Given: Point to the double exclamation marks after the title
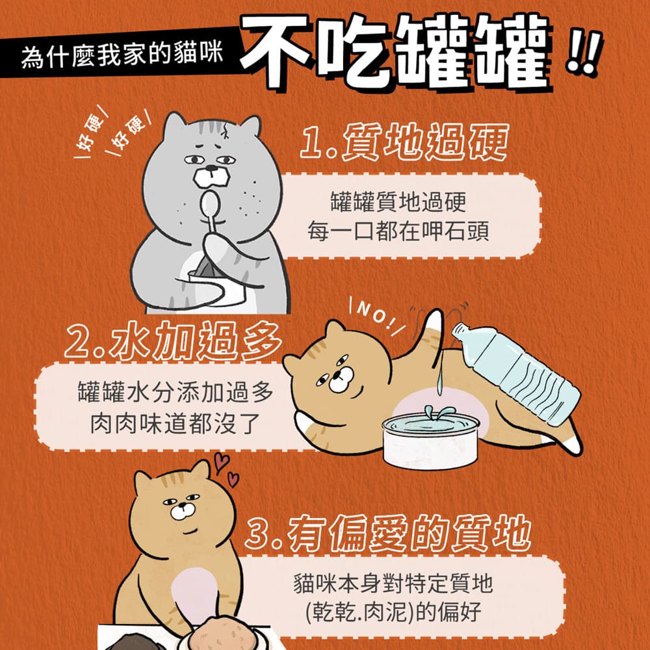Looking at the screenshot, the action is click(x=584, y=53).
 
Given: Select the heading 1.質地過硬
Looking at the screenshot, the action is click(x=404, y=141).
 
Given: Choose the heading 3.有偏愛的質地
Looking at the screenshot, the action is click(x=388, y=533).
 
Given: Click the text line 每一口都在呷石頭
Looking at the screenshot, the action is click(x=398, y=231).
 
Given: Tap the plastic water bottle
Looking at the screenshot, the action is click(x=516, y=374).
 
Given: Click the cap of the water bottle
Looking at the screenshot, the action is click(x=459, y=330).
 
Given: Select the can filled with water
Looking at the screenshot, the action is click(x=431, y=440).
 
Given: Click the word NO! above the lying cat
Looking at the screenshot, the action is click(x=376, y=315).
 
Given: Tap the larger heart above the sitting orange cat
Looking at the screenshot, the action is click(x=221, y=462).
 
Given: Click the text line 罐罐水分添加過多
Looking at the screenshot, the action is click(x=175, y=391).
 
